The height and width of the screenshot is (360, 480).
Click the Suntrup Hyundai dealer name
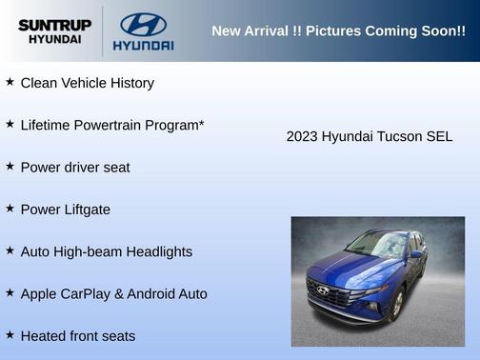(x=54, y=31)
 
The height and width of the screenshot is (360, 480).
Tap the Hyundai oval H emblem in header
(x=143, y=24)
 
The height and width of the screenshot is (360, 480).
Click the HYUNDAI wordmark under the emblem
(x=143, y=45)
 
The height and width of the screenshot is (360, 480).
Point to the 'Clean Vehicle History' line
(x=87, y=83)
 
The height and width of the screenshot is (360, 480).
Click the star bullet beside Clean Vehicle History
(x=10, y=82)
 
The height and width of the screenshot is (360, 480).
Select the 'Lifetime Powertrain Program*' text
(x=112, y=125)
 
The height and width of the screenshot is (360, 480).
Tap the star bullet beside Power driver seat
(x=10, y=166)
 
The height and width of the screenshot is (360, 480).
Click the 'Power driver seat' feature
(x=75, y=168)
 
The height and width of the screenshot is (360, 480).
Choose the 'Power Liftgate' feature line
(x=66, y=210)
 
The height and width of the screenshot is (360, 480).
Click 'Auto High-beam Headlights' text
(x=106, y=251)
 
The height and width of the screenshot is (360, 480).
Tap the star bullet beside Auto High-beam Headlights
(x=10, y=250)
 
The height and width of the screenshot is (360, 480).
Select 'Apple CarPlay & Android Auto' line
(x=113, y=293)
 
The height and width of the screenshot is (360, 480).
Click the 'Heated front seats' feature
(x=78, y=336)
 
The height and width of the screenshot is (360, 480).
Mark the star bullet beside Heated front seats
(x=10, y=334)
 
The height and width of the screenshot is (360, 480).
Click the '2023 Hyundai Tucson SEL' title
(x=370, y=136)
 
